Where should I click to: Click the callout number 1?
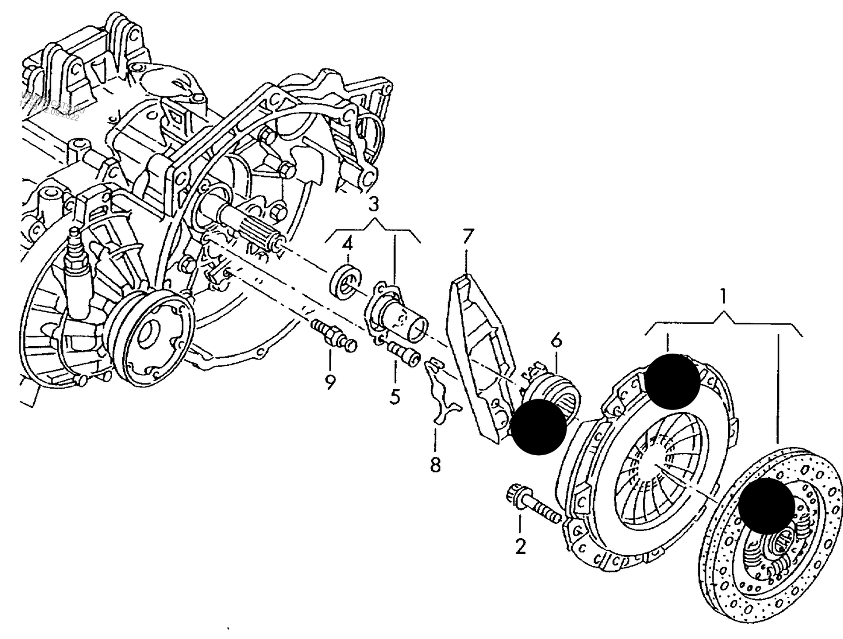[x=723, y=297]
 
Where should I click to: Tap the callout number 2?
[x=520, y=547]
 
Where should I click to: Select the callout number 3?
[x=373, y=204]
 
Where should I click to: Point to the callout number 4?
[x=347, y=242]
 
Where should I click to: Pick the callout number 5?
[x=395, y=397]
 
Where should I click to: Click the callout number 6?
[x=556, y=340]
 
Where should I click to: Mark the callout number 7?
[x=468, y=237]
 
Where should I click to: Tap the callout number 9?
[x=331, y=382]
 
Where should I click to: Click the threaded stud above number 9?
[x=334, y=337]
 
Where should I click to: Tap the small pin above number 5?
[x=402, y=352]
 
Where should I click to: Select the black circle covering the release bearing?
[x=538, y=427]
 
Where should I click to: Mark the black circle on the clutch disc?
[x=766, y=505]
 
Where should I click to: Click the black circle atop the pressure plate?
[x=673, y=381]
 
